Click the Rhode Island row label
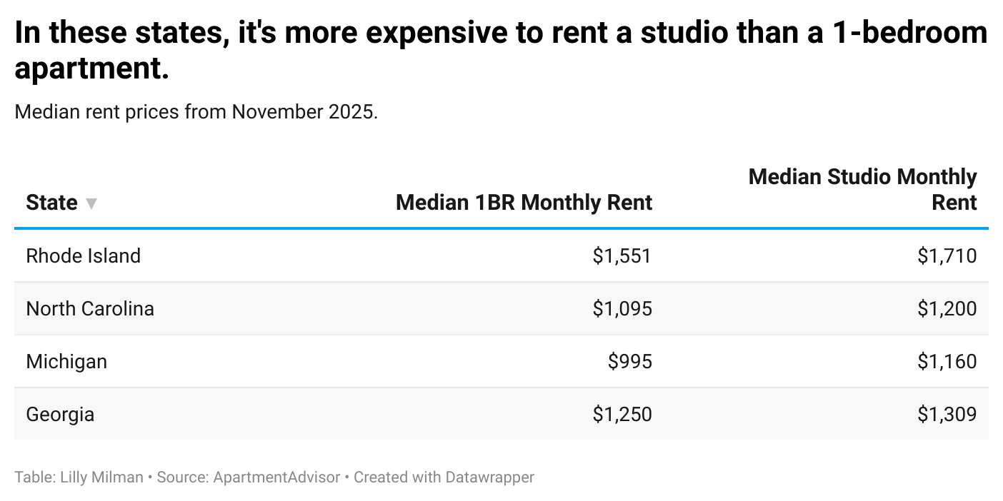83,255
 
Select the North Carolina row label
90,308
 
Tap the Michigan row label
66,361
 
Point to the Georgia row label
60,414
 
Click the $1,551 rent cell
622,255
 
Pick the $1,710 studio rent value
947,255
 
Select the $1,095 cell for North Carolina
622,308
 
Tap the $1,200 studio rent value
947,308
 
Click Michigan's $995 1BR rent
629,361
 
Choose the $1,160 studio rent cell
947,361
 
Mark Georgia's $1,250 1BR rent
622,414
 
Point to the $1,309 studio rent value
947,414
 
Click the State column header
51,203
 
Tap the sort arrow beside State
91,203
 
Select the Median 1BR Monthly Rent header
524,203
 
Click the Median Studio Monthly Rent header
862,189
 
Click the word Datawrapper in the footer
489,477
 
